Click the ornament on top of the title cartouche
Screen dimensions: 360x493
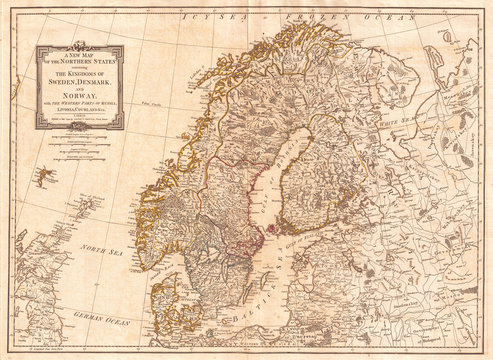pos(84,43)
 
